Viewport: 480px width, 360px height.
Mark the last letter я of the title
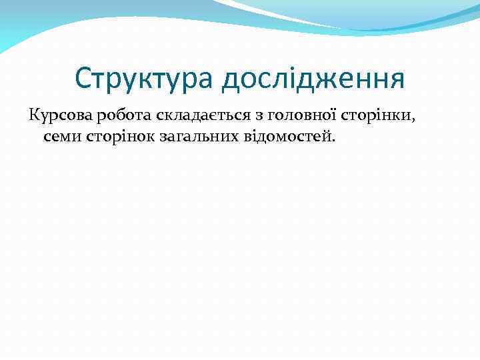[398, 80]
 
